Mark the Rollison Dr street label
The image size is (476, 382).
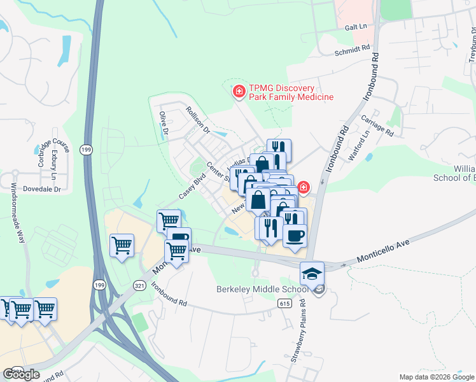pos(198,120)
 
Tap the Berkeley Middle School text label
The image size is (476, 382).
pos(262,289)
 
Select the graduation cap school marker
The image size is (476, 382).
pos(311,273)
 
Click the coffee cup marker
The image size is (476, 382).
pos(294,236)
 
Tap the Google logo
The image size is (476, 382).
pos(21,374)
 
